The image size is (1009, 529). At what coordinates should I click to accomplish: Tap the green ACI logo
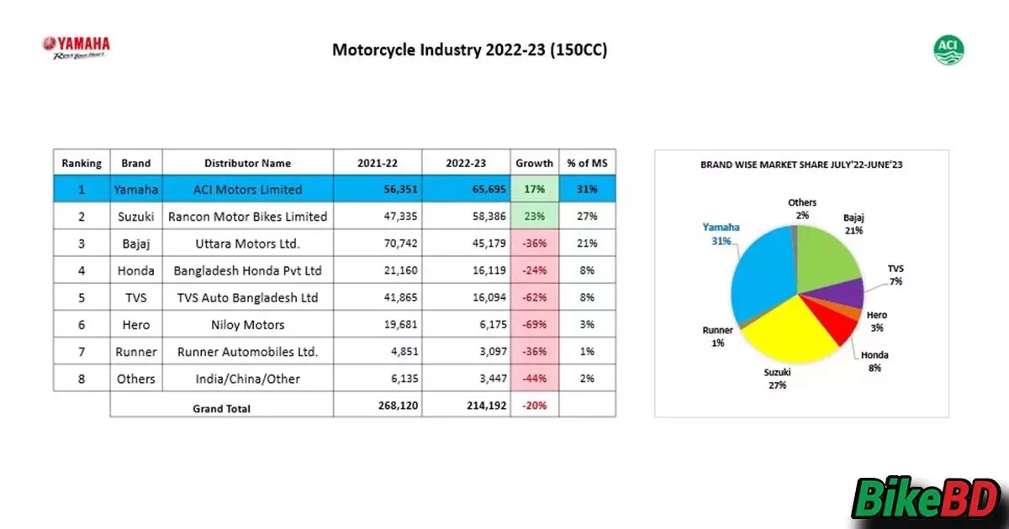(x=948, y=50)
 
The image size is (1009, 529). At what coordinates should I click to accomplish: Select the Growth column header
(x=535, y=163)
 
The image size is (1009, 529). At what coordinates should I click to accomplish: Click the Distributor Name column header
(x=247, y=163)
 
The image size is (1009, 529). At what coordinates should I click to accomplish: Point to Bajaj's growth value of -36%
(x=535, y=244)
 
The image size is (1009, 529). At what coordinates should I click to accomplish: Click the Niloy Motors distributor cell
(x=247, y=324)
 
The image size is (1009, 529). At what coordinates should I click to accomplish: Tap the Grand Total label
(x=222, y=408)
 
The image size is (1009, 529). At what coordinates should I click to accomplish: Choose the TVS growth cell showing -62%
(x=535, y=297)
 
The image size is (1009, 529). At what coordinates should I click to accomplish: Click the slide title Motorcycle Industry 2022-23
(x=469, y=50)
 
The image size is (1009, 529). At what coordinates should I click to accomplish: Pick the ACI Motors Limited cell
(x=247, y=190)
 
